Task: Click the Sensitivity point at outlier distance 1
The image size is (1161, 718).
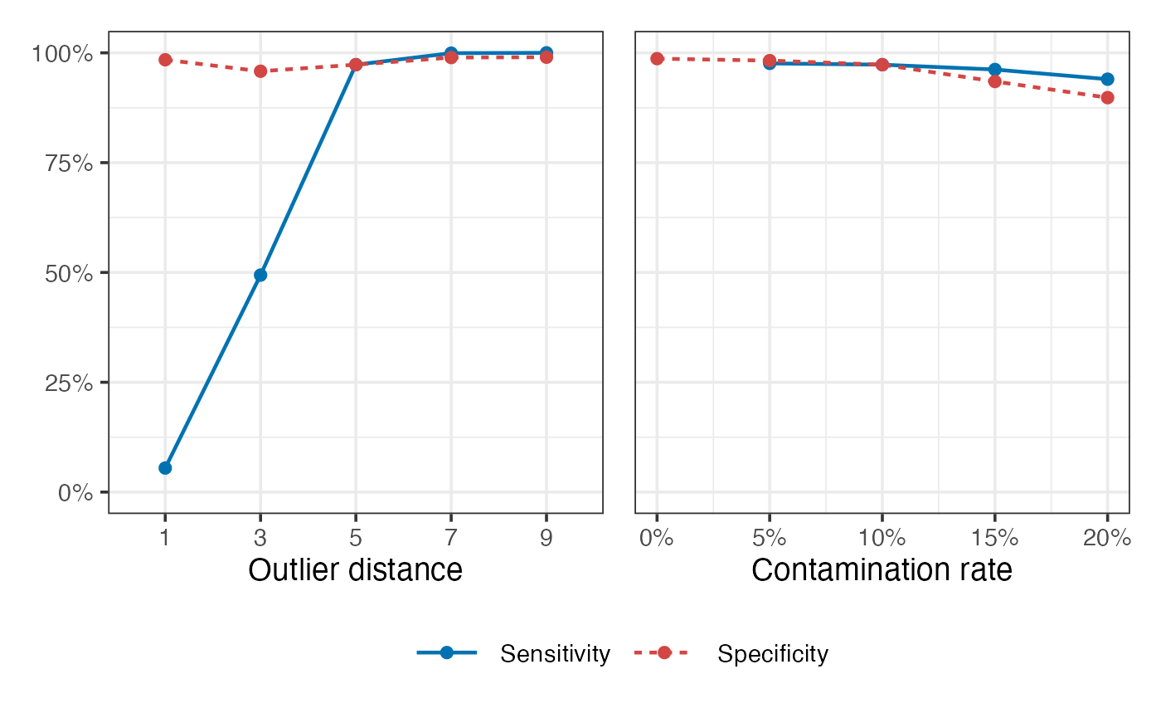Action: (165, 468)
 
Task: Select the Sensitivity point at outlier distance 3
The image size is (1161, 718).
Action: (260, 275)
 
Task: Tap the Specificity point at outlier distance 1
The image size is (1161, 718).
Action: (165, 60)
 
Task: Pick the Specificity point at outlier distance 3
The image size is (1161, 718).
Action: (260, 71)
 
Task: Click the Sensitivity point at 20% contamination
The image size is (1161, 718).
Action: (1107, 80)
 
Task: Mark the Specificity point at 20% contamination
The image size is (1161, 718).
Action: (1107, 98)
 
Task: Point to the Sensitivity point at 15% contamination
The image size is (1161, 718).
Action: (995, 70)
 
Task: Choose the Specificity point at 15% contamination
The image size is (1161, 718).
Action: (995, 81)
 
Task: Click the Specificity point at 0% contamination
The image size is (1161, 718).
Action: (657, 59)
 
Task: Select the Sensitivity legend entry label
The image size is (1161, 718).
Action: (555, 654)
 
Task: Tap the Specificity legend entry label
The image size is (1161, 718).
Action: (773, 654)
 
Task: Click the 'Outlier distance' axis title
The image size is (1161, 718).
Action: (355, 570)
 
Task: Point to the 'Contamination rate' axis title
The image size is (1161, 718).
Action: (882, 570)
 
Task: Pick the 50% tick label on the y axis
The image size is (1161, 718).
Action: (69, 273)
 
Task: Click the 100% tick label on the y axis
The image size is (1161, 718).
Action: (64, 54)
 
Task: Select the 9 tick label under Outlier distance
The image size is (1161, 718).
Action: (546, 538)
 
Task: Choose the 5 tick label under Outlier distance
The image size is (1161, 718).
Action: (355, 538)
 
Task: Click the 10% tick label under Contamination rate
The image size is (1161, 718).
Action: (882, 538)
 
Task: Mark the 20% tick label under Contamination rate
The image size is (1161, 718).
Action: (1107, 538)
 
